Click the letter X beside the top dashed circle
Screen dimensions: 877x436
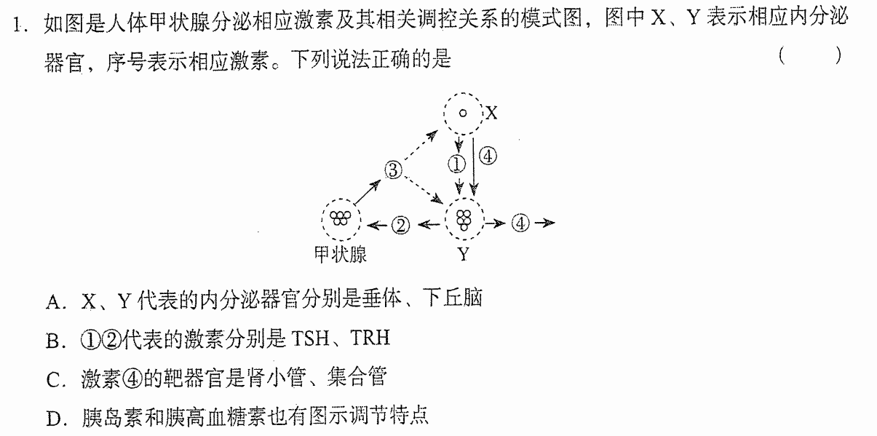[491, 114]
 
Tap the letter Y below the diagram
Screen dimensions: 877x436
[464, 255]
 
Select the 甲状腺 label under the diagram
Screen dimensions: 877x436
[341, 255]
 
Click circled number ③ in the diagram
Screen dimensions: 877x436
[393, 170]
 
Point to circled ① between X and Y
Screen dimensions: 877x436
[456, 165]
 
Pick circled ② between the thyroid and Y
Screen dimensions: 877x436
[400, 225]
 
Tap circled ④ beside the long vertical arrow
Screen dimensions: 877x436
[488, 156]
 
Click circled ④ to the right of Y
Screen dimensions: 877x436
[520, 223]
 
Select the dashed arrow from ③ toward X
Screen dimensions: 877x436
[421, 146]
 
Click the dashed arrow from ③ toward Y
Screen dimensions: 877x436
[424, 191]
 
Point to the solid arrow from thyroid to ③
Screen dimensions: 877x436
[368, 192]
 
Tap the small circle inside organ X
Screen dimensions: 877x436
[463, 114]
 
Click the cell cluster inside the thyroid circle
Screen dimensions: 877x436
[340, 218]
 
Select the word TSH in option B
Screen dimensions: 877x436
[311, 338]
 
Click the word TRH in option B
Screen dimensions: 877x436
[370, 337]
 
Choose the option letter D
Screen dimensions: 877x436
[53, 419]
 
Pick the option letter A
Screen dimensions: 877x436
[53, 302]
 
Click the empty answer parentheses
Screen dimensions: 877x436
[809, 55]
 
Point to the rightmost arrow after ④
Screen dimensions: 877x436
[544, 223]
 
